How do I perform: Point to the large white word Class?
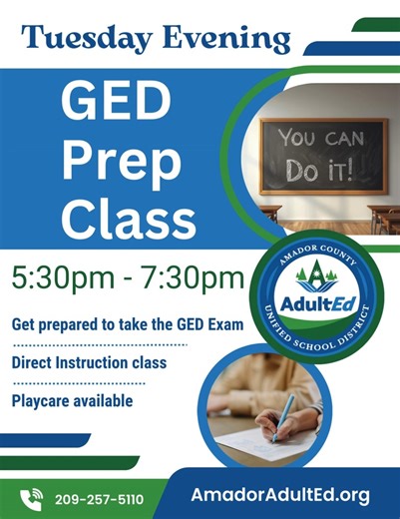(124, 219)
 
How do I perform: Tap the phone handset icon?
(32, 496)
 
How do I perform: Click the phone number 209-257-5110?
(99, 498)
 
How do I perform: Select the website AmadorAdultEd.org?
(280, 495)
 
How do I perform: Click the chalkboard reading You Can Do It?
(323, 154)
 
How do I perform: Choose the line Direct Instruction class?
(89, 362)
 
